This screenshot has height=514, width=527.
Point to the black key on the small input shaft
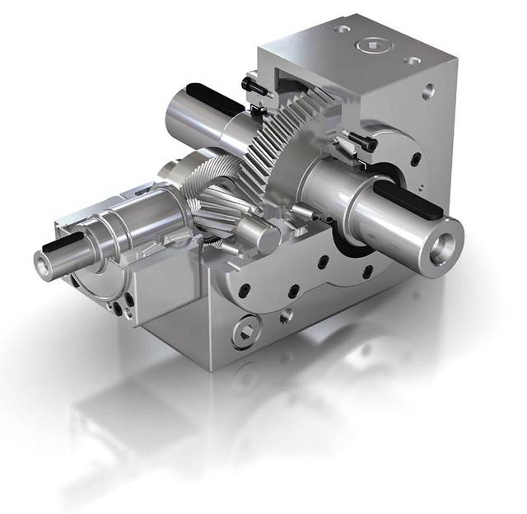[63, 241]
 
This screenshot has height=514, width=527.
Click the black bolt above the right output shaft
[361, 141]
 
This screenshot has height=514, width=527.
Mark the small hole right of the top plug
[412, 60]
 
